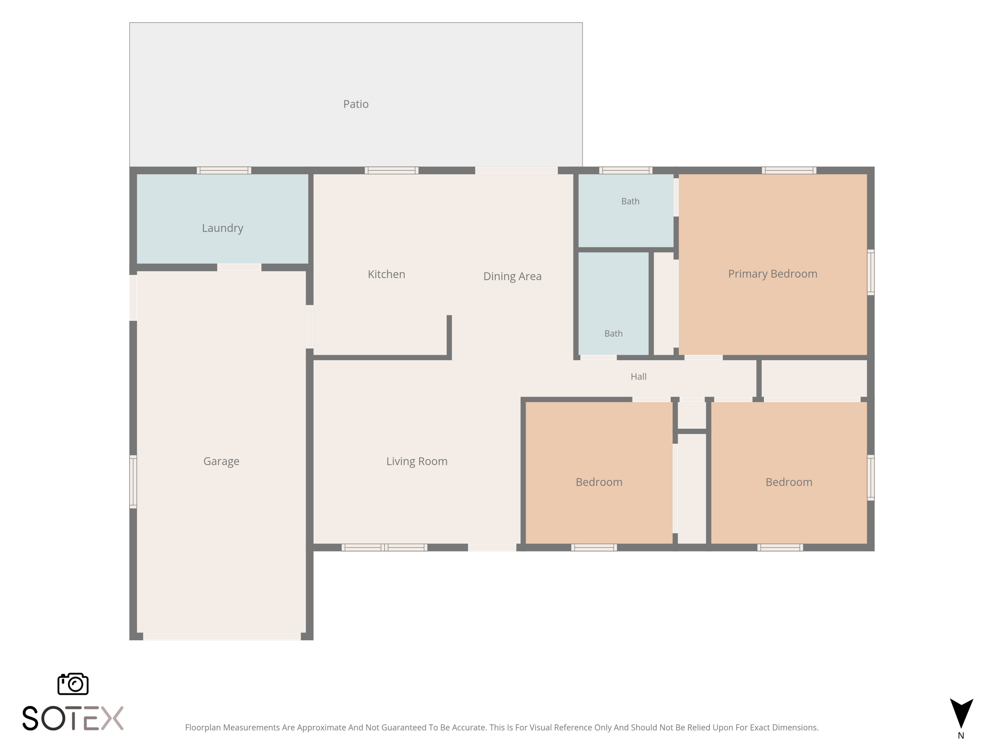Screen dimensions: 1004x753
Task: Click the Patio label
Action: click(356, 104)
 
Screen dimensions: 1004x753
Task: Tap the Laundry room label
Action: click(223, 228)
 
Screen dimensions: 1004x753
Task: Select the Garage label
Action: click(221, 461)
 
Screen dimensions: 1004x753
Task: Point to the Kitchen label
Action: click(386, 274)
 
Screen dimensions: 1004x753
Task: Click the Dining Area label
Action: click(512, 276)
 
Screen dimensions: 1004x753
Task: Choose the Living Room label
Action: click(417, 461)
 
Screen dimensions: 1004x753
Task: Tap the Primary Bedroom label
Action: click(772, 274)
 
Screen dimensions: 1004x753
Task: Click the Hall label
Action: click(638, 376)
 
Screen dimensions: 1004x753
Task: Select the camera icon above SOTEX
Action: click(73, 683)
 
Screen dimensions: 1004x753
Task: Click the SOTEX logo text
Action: click(73, 718)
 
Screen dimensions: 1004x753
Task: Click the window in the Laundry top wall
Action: click(224, 171)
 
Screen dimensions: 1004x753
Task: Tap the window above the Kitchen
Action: click(391, 171)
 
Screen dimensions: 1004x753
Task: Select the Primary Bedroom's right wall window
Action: click(870, 272)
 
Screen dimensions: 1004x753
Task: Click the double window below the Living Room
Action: click(385, 548)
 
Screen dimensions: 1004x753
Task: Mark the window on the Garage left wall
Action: click(133, 482)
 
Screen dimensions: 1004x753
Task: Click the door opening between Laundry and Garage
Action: click(239, 267)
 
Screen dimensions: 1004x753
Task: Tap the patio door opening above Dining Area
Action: click(516, 171)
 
